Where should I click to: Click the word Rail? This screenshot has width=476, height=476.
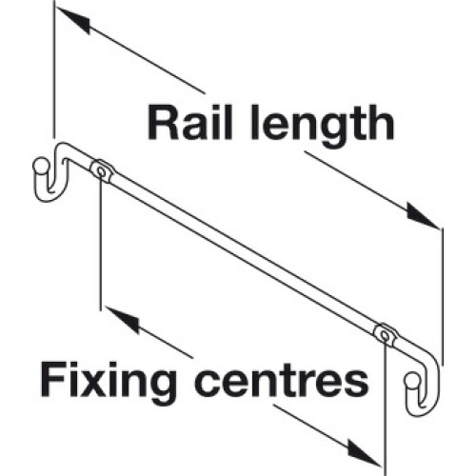(x=190, y=123)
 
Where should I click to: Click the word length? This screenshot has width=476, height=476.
(x=323, y=127)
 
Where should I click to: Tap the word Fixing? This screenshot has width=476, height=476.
(x=108, y=381)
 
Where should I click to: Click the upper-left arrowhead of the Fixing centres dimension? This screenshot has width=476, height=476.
(x=123, y=319)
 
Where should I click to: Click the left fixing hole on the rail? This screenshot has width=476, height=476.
(x=101, y=171)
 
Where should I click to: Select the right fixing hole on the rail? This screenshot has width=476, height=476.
(x=385, y=335)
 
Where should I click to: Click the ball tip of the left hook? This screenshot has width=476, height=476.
(x=40, y=165)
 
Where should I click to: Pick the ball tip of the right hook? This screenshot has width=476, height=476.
(x=411, y=380)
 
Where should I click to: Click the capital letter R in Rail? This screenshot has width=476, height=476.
(x=163, y=123)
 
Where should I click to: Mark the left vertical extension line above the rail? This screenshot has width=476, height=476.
(x=54, y=69)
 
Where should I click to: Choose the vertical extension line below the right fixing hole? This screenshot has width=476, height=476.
(x=385, y=407)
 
